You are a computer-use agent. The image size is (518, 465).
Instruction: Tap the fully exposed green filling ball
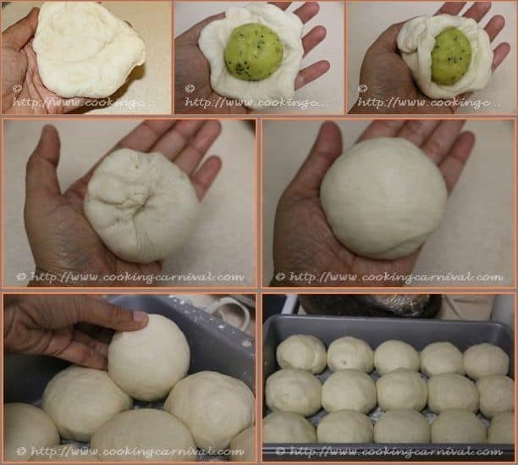tap(253, 52)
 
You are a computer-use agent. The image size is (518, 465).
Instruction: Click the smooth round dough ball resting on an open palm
tap(383, 197)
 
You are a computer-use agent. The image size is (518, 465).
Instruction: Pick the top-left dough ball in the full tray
tap(301, 353)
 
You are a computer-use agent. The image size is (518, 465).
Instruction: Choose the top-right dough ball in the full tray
tap(486, 360)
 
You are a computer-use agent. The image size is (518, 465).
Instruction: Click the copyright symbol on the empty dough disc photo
tap(17, 88)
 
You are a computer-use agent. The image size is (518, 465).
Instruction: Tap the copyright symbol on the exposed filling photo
tap(190, 88)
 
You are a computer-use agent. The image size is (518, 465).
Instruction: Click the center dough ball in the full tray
tap(401, 390)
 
